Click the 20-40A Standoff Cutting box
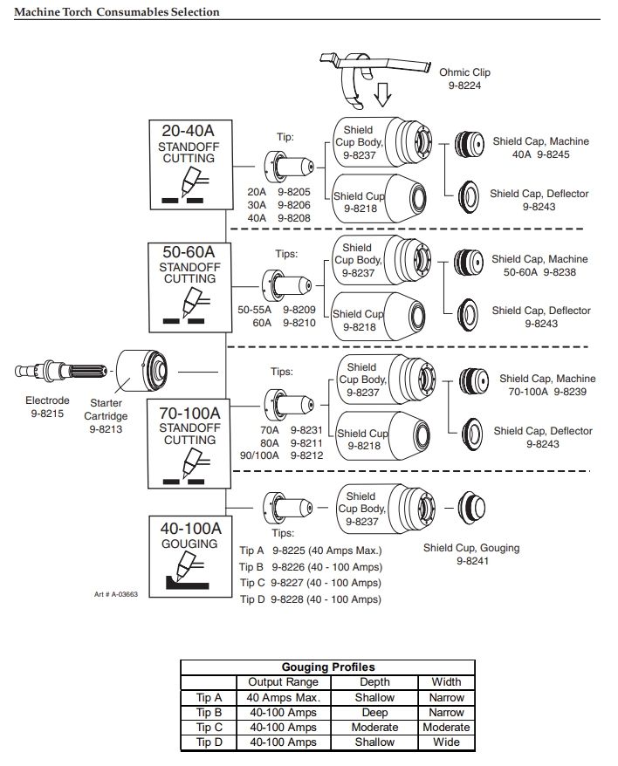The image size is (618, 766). pyautogui.click(x=189, y=164)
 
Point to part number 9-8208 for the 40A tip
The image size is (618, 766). pyautogui.click(x=294, y=217)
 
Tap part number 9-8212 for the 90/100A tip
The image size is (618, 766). pyautogui.click(x=306, y=455)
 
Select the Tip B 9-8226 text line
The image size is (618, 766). pyautogui.click(x=310, y=566)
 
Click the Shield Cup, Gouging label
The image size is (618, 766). pyautogui.click(x=471, y=548)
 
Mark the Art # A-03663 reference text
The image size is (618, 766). pyautogui.click(x=116, y=594)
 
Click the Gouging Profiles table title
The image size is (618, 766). pyautogui.click(x=327, y=667)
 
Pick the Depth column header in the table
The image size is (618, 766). pyautogui.click(x=374, y=682)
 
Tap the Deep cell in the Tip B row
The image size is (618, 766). pyautogui.click(x=374, y=712)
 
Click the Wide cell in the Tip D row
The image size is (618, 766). pyautogui.click(x=446, y=742)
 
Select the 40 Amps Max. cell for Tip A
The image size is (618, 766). pyautogui.click(x=284, y=697)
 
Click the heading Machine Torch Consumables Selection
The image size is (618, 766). pyautogui.click(x=118, y=12)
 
